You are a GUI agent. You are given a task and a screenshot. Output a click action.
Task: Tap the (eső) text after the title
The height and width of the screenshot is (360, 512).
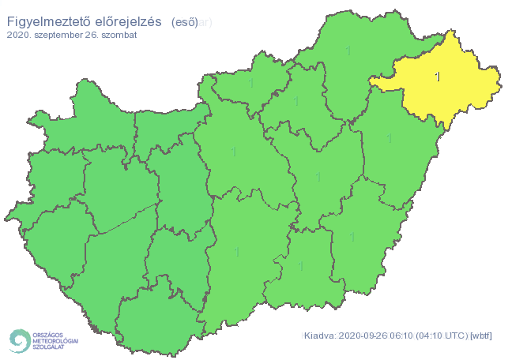tap(184, 23)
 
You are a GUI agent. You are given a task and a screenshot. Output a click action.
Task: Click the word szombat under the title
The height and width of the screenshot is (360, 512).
tap(118, 36)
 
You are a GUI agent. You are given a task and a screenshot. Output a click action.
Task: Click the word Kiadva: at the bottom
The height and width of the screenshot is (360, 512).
tap(321, 336)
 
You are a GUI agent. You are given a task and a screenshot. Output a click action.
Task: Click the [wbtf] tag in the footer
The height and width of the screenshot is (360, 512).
tap(480, 336)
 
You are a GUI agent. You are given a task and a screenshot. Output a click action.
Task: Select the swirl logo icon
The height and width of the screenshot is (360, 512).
tap(18, 340)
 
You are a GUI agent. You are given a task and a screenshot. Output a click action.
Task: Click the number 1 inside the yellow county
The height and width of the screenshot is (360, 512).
tap(439, 77)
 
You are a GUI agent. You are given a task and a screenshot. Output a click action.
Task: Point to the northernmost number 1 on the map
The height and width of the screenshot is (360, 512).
tap(348, 51)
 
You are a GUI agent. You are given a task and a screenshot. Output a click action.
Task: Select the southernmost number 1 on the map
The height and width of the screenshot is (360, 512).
tap(301, 266)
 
